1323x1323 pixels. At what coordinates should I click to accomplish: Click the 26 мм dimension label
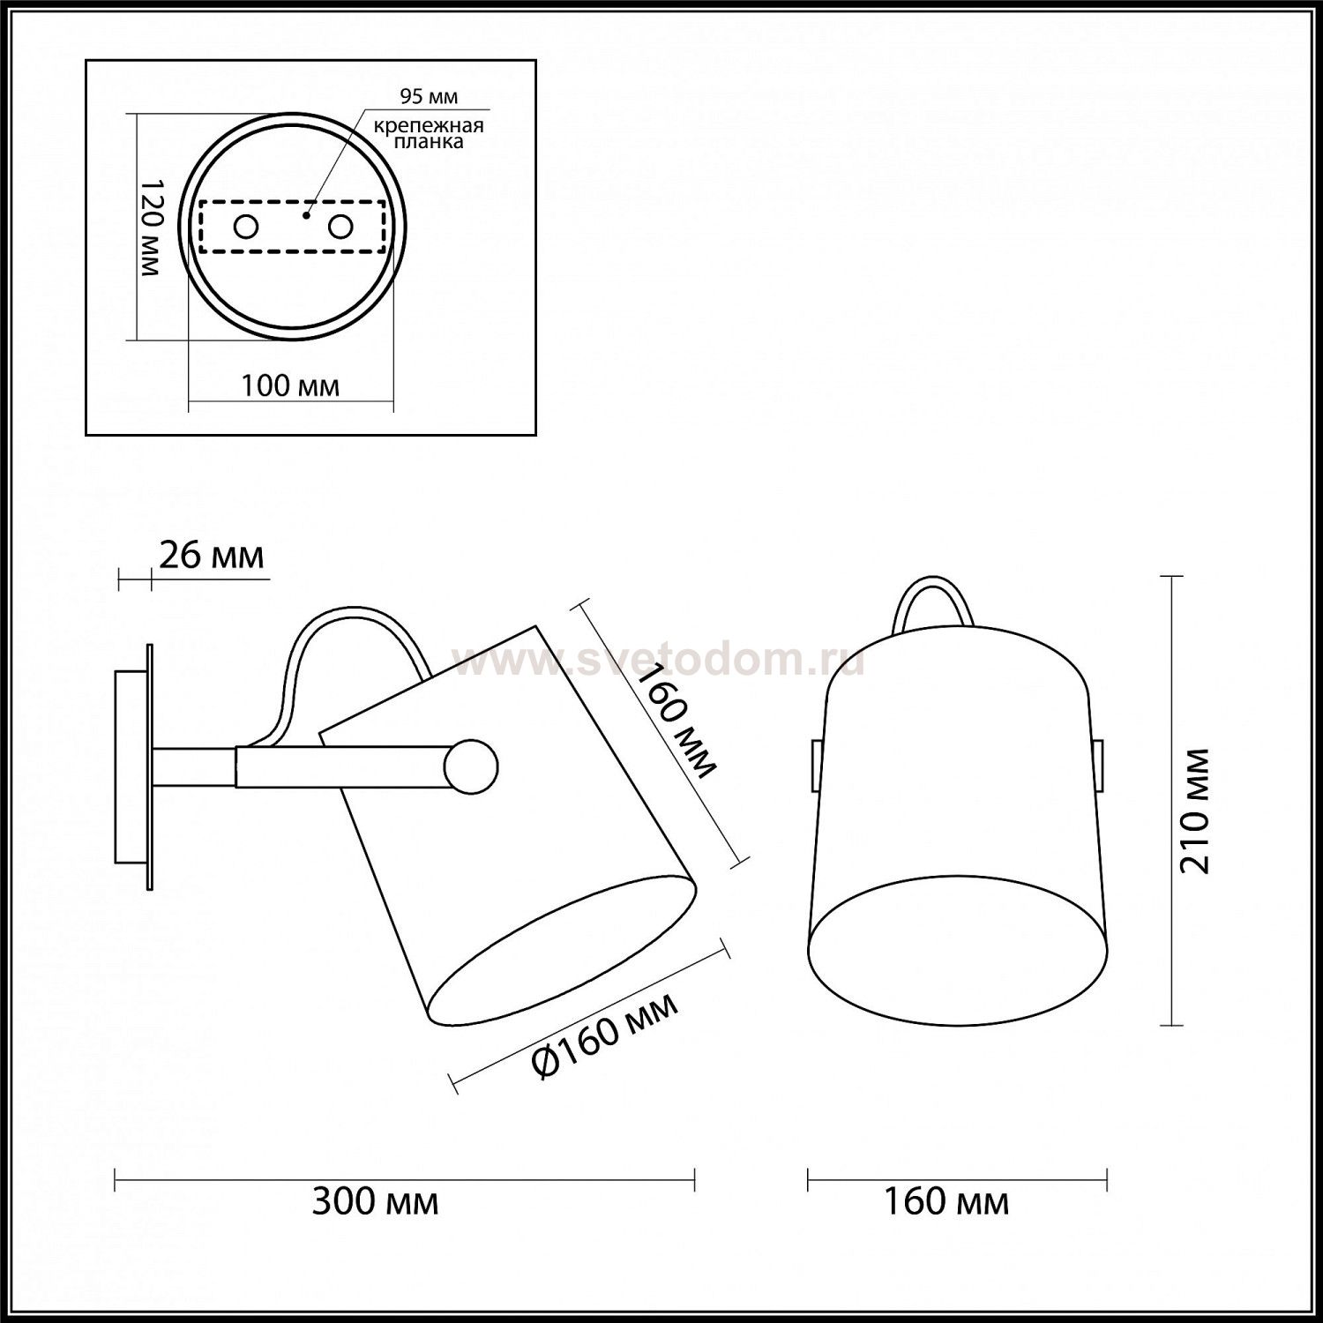click(x=212, y=556)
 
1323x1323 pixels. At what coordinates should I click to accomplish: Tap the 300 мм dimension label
click(x=375, y=1201)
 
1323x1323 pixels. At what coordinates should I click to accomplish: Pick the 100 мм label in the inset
click(x=290, y=386)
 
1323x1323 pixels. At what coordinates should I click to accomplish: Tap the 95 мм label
click(x=429, y=96)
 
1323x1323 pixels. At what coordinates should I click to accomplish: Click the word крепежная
click(x=429, y=125)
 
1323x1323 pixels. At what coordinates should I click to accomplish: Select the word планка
click(x=430, y=141)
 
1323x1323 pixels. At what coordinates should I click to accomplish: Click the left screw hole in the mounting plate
click(x=245, y=227)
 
